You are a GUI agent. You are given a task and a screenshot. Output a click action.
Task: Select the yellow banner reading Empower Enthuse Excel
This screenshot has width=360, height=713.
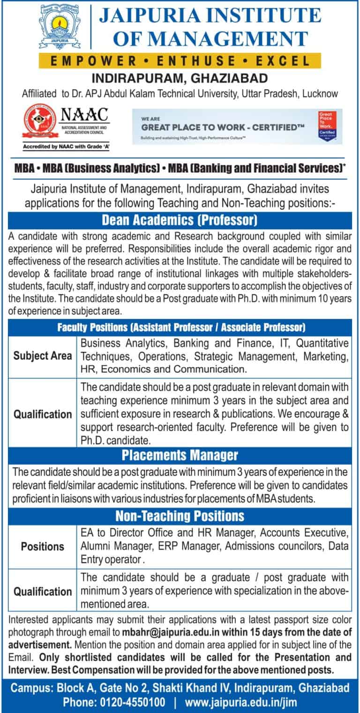point(180,61)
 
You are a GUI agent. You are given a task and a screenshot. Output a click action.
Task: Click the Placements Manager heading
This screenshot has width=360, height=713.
point(180,455)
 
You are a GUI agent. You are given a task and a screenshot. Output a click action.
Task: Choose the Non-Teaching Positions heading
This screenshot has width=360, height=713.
point(180,516)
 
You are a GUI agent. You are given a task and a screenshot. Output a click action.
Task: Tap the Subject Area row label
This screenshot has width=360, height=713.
point(43,356)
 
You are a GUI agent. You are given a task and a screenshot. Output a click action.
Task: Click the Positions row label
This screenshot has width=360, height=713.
point(43,546)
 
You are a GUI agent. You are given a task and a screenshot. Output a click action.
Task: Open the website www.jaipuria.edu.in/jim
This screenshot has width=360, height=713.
point(241,703)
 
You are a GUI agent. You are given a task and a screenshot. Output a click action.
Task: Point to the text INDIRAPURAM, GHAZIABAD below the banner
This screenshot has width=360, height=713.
point(180,77)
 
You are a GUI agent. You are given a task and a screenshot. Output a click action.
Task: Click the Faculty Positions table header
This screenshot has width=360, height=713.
point(180,326)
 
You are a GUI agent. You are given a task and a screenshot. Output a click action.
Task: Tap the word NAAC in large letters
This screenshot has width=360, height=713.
point(84,114)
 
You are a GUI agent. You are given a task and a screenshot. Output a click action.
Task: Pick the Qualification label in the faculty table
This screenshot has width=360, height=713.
point(43,414)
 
